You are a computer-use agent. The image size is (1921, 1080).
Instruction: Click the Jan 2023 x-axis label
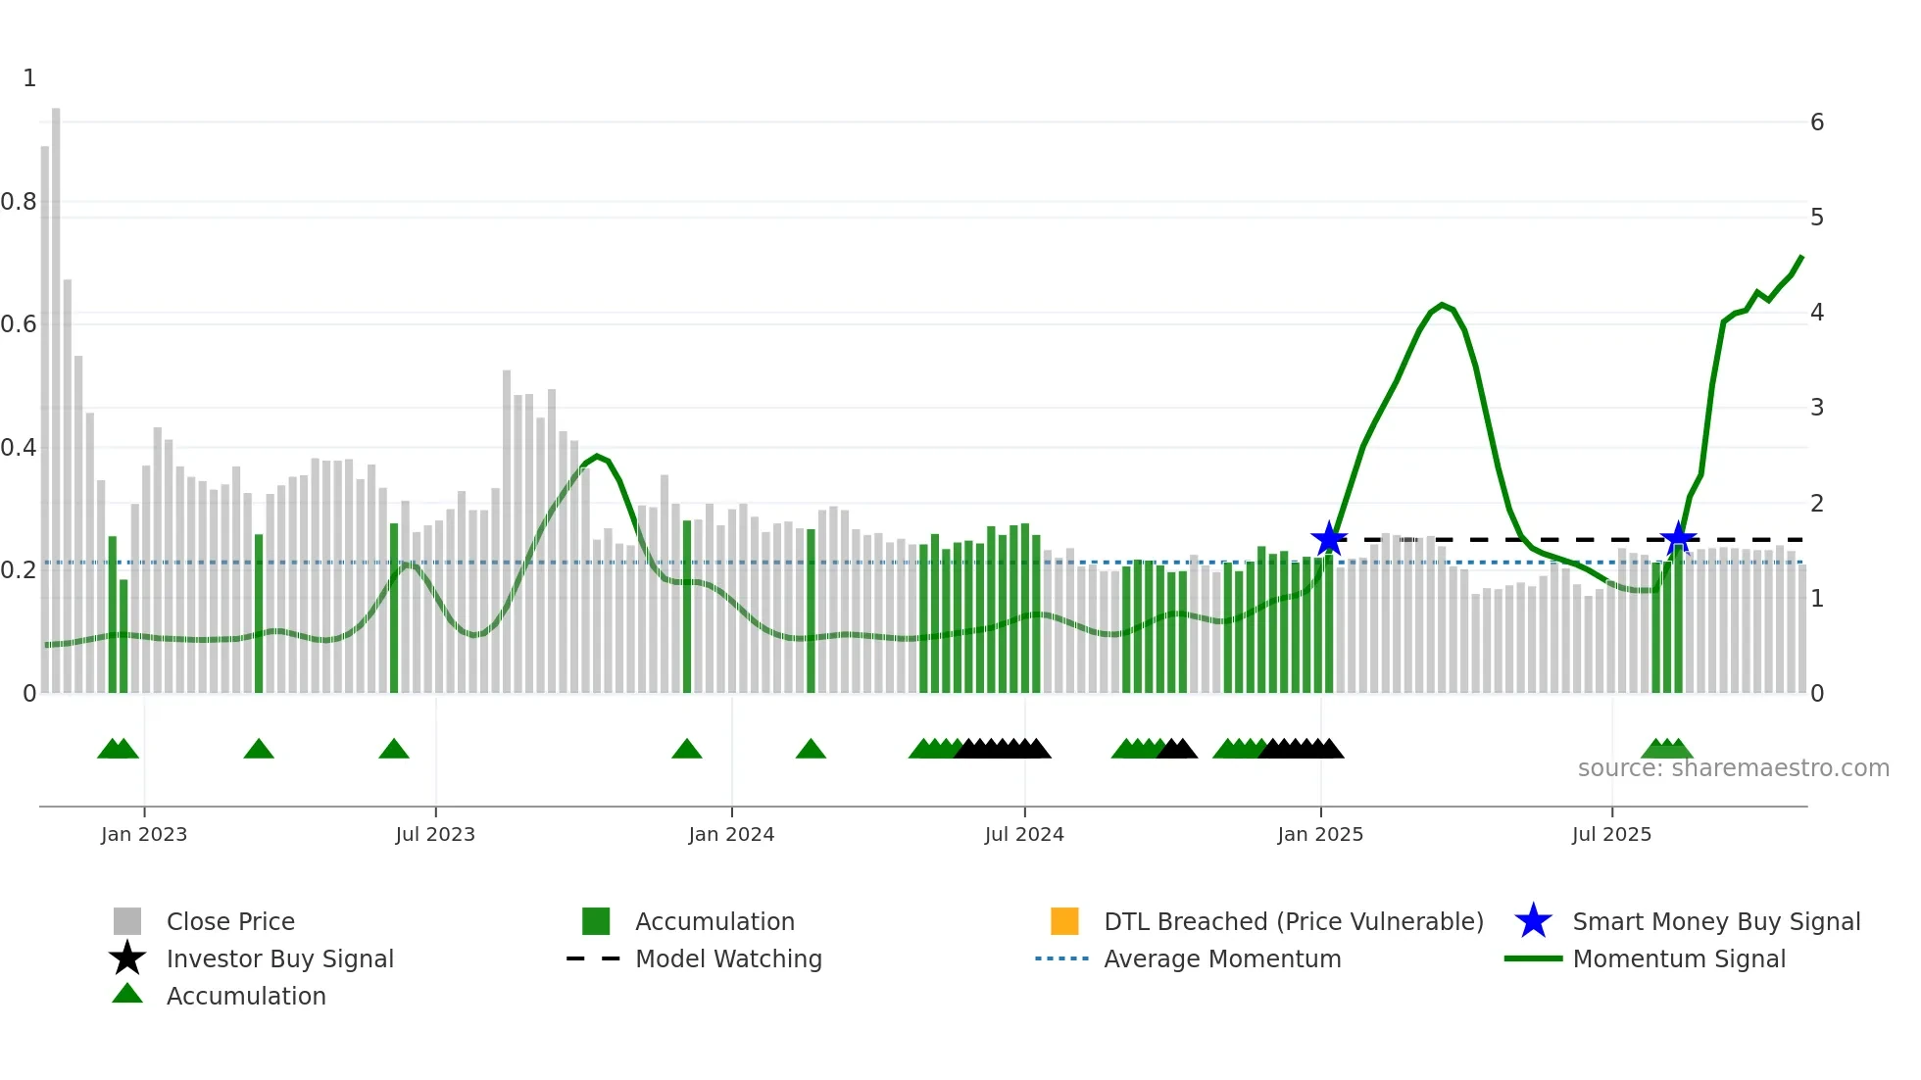143,834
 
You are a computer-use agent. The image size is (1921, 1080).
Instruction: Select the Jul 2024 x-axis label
1023,834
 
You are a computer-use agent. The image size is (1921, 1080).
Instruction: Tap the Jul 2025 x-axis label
1610,834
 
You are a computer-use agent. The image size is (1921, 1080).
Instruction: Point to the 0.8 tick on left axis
19,202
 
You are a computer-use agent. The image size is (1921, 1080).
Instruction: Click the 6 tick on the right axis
1816,123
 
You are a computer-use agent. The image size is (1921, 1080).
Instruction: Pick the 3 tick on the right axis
1816,408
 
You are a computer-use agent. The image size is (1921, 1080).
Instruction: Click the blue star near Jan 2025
1328,539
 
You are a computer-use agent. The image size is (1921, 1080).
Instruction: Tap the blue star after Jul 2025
1678,538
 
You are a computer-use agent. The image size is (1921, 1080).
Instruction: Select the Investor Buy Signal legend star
127,958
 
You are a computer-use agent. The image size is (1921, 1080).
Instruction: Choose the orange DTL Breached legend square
1063,921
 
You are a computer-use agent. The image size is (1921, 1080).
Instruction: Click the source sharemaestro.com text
1733,768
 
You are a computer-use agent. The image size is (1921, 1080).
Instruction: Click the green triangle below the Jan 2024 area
686,750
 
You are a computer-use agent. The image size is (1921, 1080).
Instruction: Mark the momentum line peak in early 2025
1442,305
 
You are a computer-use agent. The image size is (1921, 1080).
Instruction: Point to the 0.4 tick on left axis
19,448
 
